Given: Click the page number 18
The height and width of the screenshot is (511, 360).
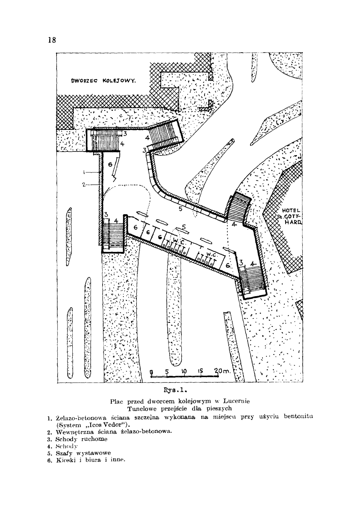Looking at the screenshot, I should pos(52,40).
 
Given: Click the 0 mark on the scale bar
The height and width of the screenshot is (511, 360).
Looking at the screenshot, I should pos(152,372).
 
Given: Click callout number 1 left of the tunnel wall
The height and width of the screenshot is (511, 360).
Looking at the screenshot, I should pos(84,172).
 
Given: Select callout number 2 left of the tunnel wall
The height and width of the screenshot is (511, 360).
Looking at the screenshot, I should pos(83,185).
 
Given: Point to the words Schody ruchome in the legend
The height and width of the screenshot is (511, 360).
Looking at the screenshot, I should pos(82,439).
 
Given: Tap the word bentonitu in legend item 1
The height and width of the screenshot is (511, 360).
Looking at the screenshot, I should pos(299,417).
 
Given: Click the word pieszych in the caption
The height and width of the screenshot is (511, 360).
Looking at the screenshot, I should pos(219,408).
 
